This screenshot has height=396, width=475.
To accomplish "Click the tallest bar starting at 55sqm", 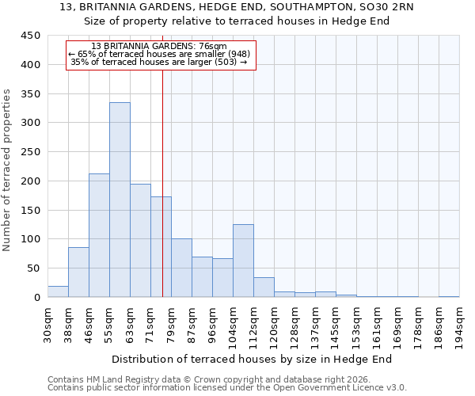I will pos(120,200).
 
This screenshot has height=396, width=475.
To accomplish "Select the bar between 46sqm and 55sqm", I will pos(99,235).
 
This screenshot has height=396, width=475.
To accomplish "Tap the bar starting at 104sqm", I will pos(243,261).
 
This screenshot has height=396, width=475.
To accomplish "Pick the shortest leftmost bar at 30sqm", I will pos(58,291).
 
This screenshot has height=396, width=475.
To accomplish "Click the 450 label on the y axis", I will pos(31,36).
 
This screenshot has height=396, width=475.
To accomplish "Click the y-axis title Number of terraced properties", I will pos(8,170).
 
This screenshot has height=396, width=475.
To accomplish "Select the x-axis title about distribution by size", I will pos(257,359).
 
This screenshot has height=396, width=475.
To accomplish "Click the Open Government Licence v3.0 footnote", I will pos(226,388).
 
